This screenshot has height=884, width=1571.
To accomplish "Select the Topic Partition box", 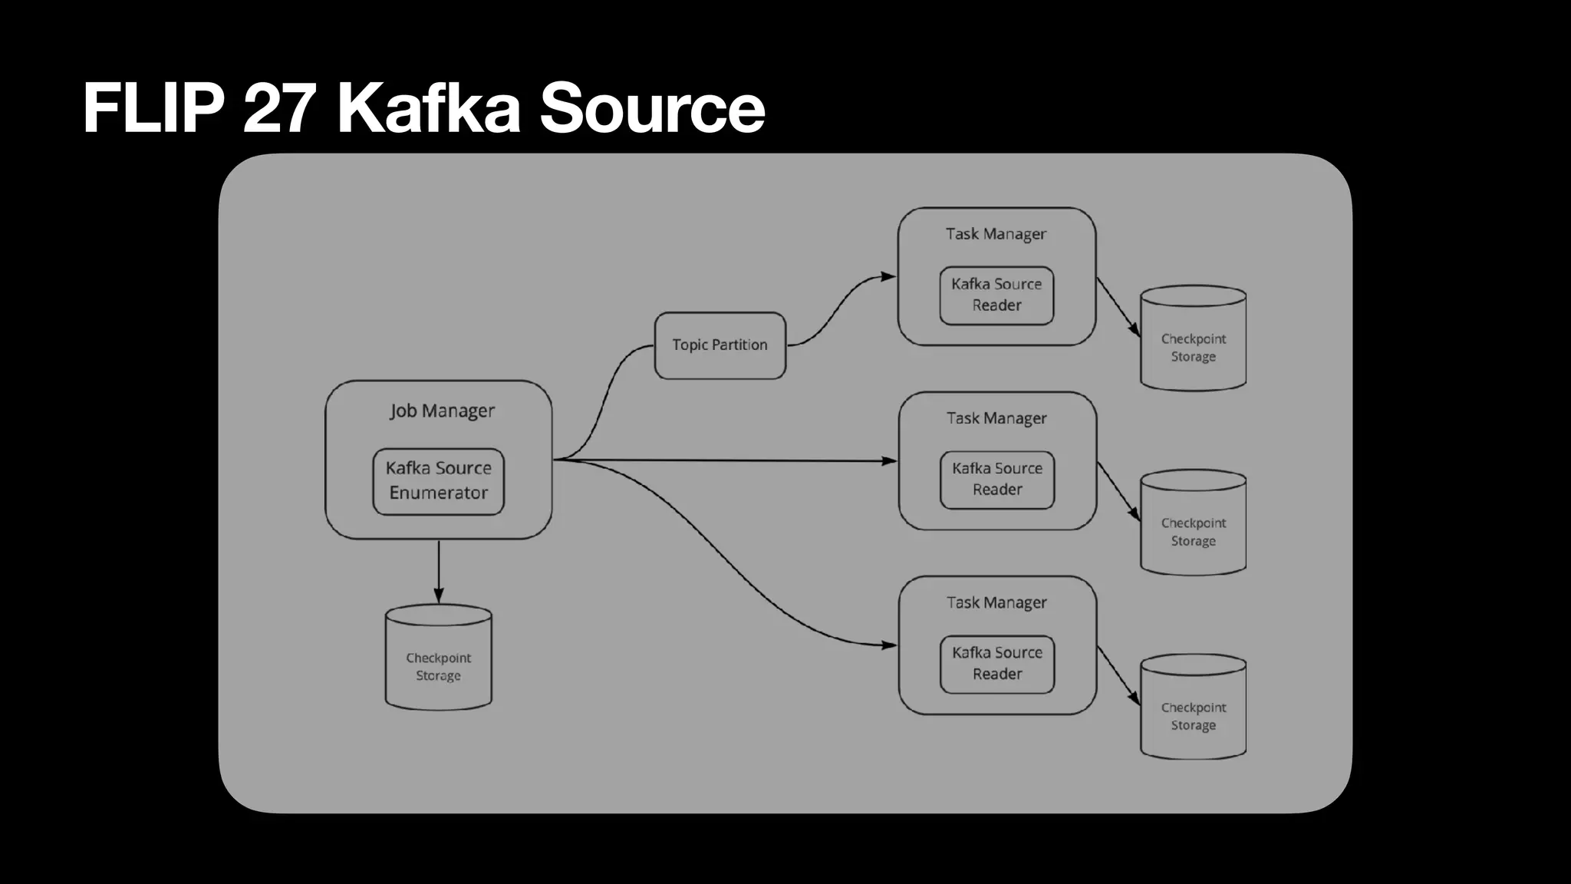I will click(x=720, y=345).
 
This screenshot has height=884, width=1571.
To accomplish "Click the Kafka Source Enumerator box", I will click(x=438, y=481).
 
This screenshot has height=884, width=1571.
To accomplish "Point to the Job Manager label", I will click(x=442, y=411).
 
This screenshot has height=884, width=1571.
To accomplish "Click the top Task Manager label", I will click(x=996, y=234).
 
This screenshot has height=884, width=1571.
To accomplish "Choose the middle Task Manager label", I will click(x=996, y=418).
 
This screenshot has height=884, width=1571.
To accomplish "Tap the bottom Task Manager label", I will click(x=996, y=603).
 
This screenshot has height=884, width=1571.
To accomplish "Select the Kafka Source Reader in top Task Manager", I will click(x=996, y=295).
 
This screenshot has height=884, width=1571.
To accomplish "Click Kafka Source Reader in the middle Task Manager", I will click(x=997, y=480).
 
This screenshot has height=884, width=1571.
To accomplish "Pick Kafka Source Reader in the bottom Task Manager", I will click(x=997, y=664).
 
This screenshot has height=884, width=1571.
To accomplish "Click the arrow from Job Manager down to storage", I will click(x=438, y=572).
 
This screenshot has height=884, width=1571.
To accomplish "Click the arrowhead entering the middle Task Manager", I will click(x=889, y=461).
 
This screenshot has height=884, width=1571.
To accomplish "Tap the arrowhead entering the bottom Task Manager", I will click(x=889, y=645).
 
